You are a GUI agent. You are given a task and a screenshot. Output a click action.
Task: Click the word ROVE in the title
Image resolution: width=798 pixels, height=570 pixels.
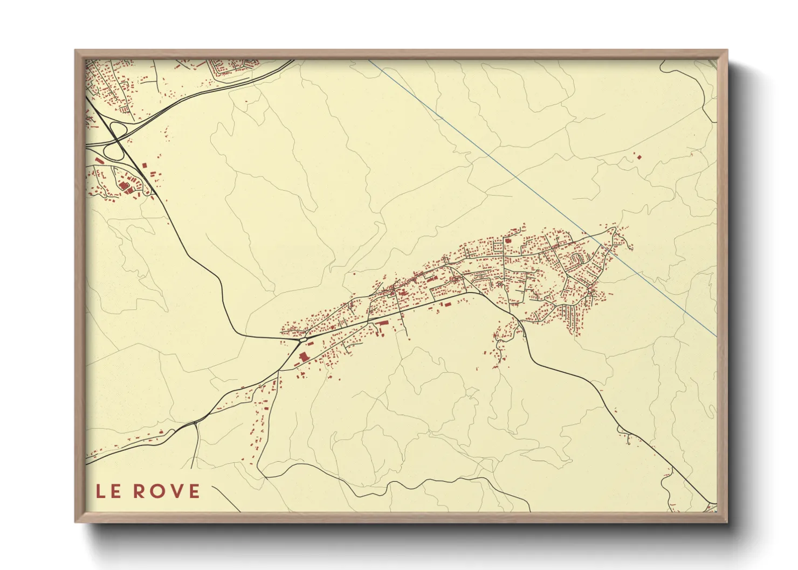(x=167, y=491)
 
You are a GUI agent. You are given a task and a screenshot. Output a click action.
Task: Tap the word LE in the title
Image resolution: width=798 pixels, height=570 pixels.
(x=108, y=491)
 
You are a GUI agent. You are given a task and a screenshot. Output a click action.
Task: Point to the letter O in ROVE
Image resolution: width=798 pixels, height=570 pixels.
(x=154, y=491)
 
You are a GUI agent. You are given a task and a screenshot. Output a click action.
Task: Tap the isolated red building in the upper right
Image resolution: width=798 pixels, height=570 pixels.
(x=639, y=157)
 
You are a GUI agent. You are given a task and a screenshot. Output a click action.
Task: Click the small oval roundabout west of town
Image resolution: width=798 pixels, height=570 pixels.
(x=303, y=339)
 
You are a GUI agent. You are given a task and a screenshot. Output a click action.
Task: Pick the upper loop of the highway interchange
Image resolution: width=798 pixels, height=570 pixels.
(x=117, y=130)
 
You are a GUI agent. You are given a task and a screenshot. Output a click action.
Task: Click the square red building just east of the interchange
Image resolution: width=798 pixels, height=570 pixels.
(x=144, y=166)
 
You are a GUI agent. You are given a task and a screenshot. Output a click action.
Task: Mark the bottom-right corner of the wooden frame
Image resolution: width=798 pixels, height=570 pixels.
(x=726, y=521)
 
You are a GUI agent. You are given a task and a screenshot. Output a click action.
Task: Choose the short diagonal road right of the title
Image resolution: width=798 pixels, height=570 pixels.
(x=226, y=498)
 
